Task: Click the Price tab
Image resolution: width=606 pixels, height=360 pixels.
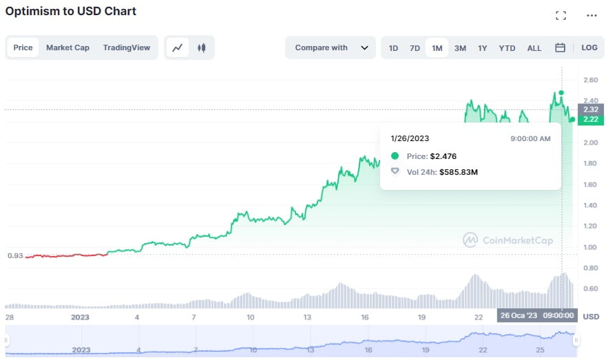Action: point(23,47)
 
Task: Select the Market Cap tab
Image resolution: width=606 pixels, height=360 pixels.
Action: point(67,47)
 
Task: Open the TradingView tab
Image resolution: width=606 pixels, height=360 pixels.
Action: point(127,47)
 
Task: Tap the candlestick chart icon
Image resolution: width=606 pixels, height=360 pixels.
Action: point(202,47)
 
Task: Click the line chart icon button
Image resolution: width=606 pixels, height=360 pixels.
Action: point(178,47)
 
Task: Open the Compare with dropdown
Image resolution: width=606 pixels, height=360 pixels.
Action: point(331,47)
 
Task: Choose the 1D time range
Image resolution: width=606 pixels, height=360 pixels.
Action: point(393,48)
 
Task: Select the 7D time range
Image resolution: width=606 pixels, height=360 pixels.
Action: point(415,48)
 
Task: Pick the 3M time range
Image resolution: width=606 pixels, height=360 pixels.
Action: point(460,48)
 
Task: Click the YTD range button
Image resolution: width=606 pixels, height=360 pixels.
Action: point(507,48)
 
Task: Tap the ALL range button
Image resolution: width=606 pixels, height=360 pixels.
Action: point(534,48)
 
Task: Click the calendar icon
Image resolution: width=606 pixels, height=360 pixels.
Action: point(560,47)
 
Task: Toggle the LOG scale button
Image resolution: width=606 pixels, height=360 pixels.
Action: point(589,47)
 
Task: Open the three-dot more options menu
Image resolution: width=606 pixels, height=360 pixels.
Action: point(592,15)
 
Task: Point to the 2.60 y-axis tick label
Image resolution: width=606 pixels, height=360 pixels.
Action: point(589,81)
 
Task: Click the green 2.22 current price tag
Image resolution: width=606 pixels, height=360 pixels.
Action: point(591,119)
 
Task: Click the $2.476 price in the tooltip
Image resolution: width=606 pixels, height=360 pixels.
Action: point(443,156)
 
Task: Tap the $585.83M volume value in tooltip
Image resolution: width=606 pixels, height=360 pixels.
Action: point(459,172)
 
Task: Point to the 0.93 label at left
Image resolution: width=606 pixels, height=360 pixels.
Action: point(15,256)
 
